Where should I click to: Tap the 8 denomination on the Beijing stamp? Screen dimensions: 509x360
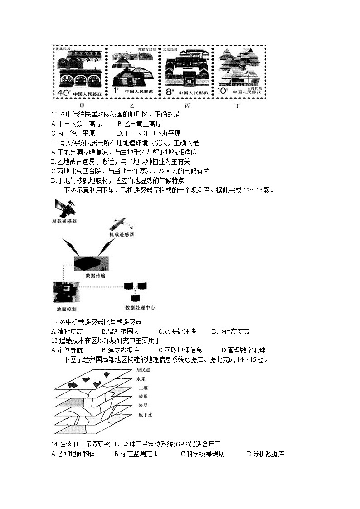tap(170, 92)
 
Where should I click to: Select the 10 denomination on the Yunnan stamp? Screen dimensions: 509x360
tap(222, 91)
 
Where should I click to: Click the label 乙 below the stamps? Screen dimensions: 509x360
tap(131, 106)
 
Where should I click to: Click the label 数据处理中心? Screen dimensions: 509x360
tap(140, 308)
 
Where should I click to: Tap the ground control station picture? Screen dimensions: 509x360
tap(66, 292)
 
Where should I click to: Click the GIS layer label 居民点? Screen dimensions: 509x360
tap(143, 370)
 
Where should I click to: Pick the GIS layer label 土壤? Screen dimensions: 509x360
tap(142, 388)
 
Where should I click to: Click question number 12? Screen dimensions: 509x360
tap(55, 322)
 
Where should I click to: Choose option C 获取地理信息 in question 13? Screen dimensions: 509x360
tap(180, 350)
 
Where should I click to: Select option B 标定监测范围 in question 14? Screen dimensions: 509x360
tap(136, 454)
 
